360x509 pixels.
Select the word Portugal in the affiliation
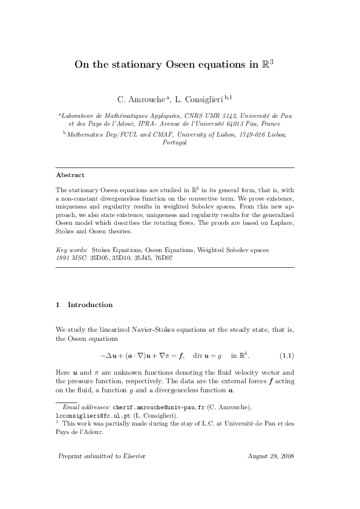pos(175,143)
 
